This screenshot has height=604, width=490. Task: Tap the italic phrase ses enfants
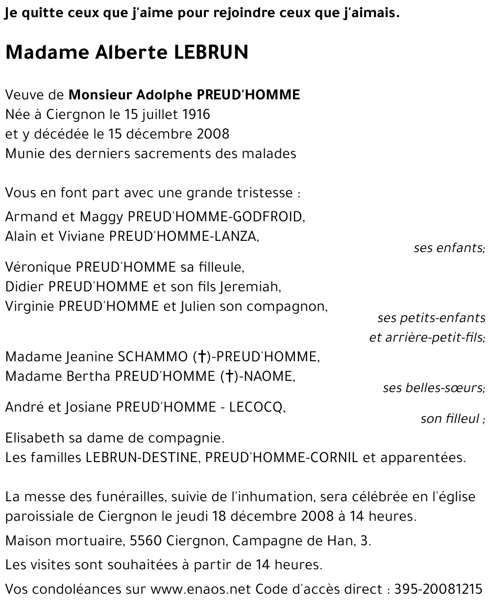click(x=448, y=248)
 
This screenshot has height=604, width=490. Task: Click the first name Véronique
click(x=38, y=267)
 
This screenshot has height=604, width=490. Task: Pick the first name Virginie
click(x=29, y=307)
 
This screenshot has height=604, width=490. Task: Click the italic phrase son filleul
click(x=449, y=419)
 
